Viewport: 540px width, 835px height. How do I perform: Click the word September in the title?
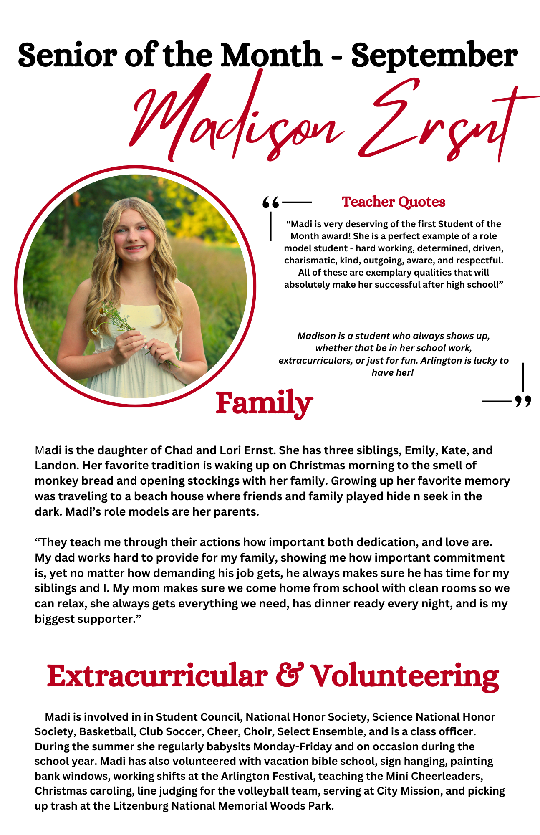(434, 56)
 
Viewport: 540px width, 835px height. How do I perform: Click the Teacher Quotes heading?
(394, 202)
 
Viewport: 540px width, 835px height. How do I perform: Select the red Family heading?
(264, 403)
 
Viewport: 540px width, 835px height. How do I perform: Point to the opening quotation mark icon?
(270, 203)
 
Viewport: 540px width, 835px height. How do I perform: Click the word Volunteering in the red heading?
(405, 676)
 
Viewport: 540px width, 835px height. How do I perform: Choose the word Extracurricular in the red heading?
(157, 676)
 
